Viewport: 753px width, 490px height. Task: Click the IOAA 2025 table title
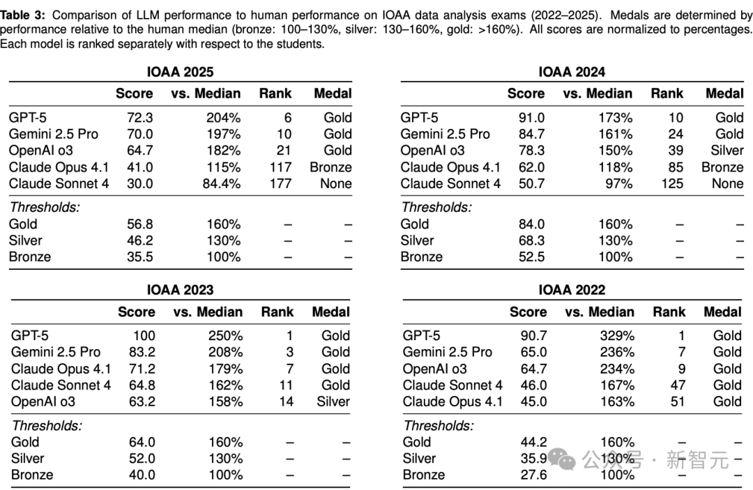coord(180,72)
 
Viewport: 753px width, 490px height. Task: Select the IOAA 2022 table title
coord(572,290)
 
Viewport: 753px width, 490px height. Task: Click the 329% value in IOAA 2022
coord(617,335)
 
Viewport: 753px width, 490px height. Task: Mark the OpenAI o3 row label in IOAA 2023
coord(43,401)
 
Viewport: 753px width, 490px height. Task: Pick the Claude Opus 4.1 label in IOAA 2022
coord(452,401)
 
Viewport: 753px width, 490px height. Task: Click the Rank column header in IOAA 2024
coord(667,93)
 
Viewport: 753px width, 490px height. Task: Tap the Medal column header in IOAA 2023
coord(330,312)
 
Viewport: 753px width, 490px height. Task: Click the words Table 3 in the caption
coord(24,14)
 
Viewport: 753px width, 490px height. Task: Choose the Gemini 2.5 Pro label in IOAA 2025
coord(54,134)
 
